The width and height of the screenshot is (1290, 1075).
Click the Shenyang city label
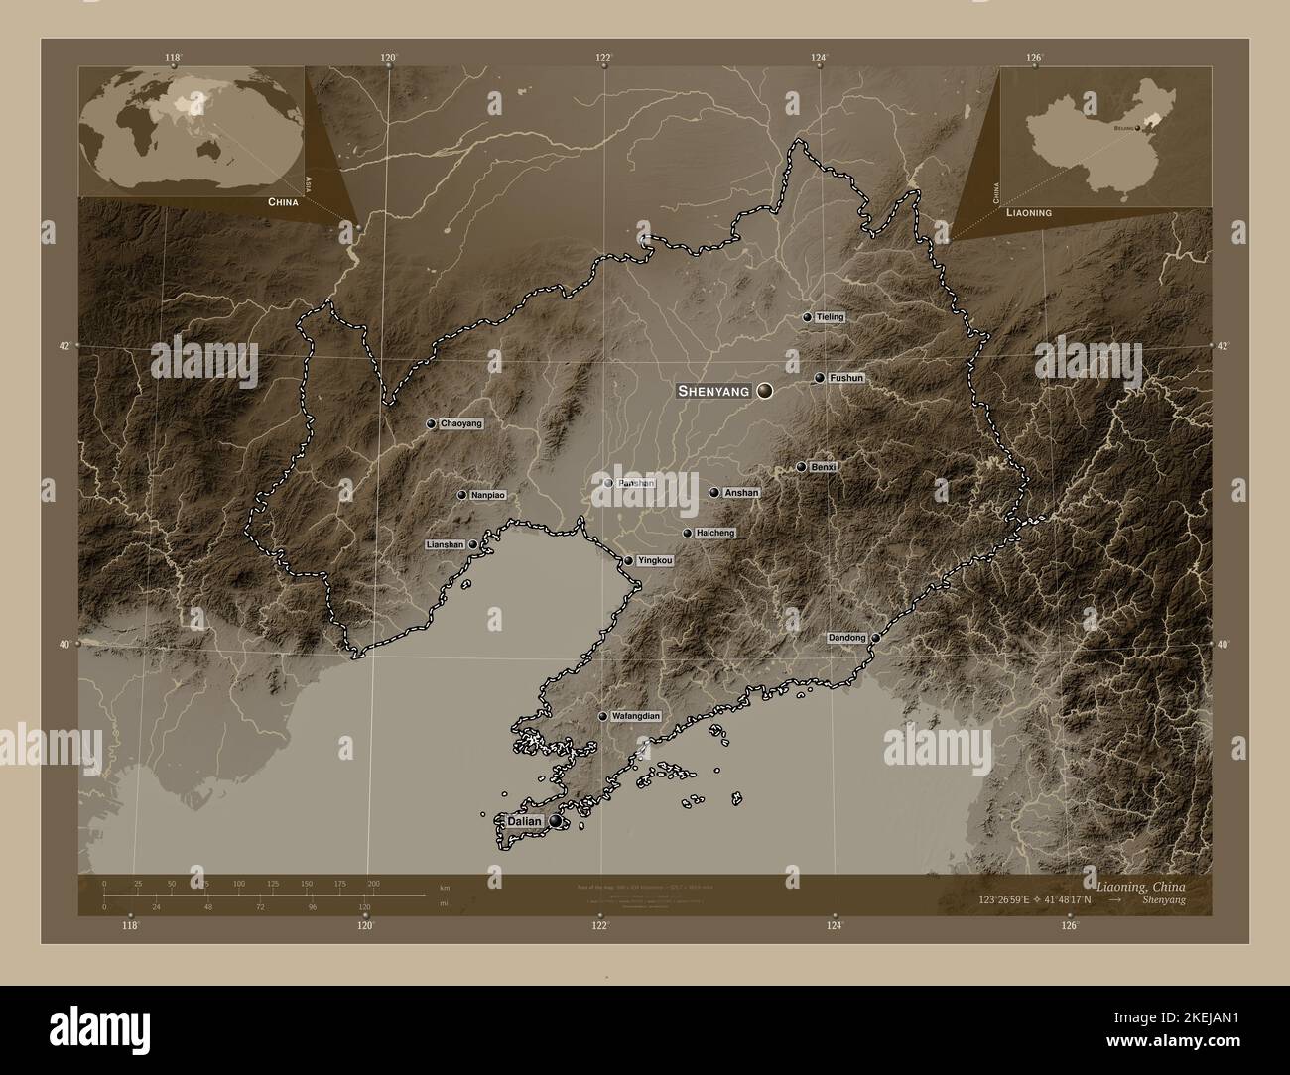[712, 392]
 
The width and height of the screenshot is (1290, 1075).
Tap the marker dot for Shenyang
[764, 392]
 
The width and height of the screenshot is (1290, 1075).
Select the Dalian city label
[524, 822]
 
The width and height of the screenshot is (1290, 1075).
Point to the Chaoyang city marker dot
[431, 423]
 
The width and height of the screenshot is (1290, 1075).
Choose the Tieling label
[830, 317]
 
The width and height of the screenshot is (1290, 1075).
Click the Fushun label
[846, 378]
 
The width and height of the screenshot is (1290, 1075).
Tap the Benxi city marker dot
[801, 467]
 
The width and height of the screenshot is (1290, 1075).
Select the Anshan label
[741, 493]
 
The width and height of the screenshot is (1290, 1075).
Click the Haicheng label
[715, 534]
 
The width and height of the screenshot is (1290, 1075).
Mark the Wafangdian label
[635, 716]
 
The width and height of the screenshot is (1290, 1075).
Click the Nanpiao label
[488, 495]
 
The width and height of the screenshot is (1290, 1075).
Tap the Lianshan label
[445, 545]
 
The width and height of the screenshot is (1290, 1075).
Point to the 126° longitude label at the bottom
[1069, 926]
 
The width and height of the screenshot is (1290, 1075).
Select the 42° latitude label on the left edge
[64, 346]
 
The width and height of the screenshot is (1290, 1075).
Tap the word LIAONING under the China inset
[1029, 213]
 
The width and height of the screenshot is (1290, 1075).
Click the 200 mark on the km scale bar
[373, 883]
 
